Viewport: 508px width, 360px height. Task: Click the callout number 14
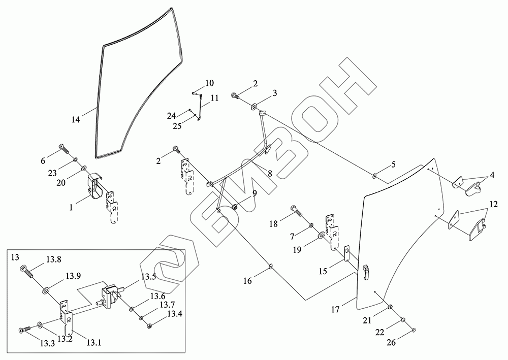76,120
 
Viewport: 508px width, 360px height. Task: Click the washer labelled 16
271,266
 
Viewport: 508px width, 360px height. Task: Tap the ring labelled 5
374,176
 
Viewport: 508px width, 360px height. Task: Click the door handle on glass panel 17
366,271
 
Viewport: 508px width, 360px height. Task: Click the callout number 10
209,83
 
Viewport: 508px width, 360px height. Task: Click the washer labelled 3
253,107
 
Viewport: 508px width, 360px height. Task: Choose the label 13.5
148,277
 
